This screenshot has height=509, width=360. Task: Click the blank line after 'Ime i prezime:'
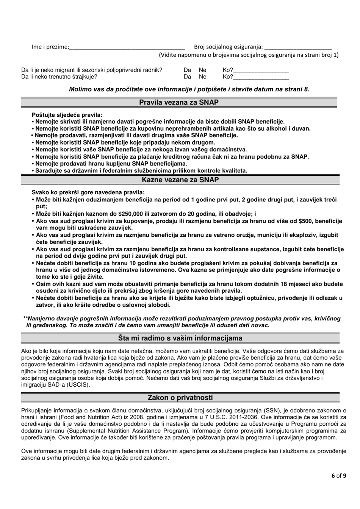click(127, 48)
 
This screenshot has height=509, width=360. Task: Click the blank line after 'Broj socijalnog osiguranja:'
click(297, 48)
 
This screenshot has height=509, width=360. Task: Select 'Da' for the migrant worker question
click(187, 70)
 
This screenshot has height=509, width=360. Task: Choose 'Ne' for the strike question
click(203, 77)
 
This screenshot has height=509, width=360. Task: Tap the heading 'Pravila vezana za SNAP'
click(179, 102)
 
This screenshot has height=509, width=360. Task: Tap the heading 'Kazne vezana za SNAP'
click(180, 180)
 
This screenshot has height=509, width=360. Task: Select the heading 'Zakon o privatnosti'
click(180, 398)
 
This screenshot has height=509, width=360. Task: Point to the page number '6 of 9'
click(337, 476)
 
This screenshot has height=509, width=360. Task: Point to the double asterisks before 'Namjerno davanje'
click(26, 319)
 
